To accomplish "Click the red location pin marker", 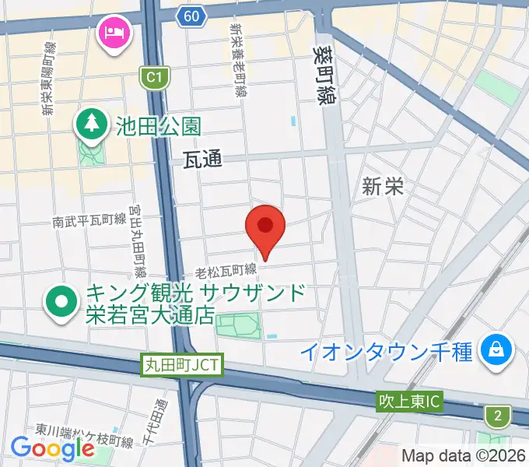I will (x=265, y=226).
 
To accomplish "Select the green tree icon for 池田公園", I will (x=92, y=124).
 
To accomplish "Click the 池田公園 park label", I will (x=159, y=125).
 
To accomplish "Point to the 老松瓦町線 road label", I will (x=226, y=270).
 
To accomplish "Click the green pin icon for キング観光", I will (x=61, y=304).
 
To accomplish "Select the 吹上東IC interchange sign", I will (x=409, y=402).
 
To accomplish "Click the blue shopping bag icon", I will (x=496, y=349).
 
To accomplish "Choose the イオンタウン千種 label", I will (x=387, y=351).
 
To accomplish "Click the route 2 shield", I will (x=497, y=416).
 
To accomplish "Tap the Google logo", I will (x=52, y=448).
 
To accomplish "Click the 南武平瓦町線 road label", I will (x=89, y=222).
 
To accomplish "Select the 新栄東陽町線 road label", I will (x=49, y=79).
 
